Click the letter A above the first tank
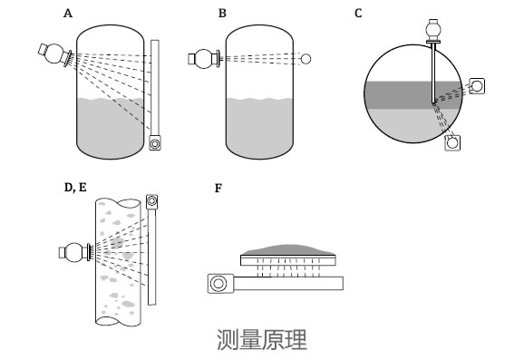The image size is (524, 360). coord(67,14)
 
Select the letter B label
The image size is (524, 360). coord(222,14)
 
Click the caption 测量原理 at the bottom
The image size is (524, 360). coord(262,340)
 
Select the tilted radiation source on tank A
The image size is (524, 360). coord(56,54)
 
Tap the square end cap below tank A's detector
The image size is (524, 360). coord(156,142)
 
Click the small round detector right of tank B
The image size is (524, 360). coord(306,60)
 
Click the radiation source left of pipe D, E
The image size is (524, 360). coord(73,251)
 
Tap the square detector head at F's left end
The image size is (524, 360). coord(218,284)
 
